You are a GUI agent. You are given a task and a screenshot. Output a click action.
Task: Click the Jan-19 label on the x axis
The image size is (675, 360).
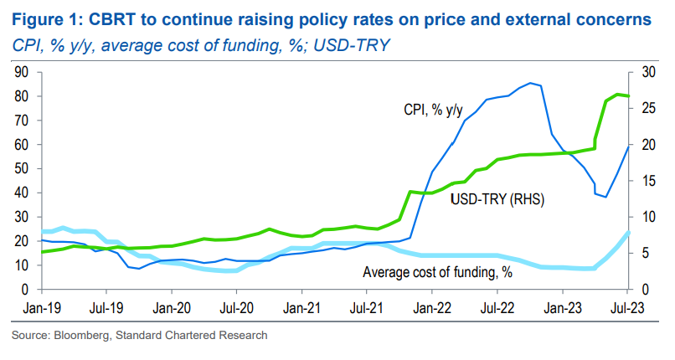41,306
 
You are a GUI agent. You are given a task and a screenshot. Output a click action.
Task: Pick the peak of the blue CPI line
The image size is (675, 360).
530,83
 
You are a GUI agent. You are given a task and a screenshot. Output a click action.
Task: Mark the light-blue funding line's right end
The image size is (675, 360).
630,233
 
